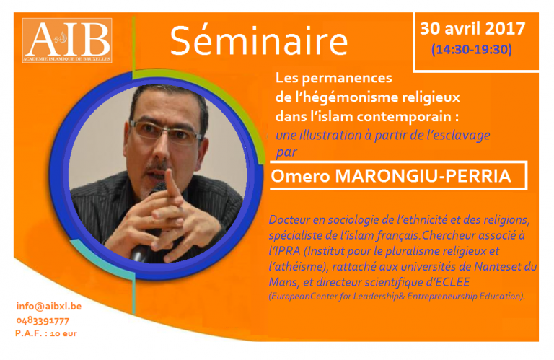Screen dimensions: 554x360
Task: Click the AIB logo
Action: click(67, 40)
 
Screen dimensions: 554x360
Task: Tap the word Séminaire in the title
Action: click(259, 40)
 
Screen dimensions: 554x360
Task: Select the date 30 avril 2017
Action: click(472, 28)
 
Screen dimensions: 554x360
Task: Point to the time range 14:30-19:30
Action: click(471, 49)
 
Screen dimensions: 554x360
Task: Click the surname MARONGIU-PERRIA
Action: click(423, 175)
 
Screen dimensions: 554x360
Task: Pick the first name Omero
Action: click(300, 176)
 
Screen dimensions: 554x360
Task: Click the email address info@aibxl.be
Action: click(49, 307)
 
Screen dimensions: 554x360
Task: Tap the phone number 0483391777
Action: click(43, 321)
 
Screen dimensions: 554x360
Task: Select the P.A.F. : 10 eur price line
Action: click(46, 333)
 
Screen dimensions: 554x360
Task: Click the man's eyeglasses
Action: click(165, 132)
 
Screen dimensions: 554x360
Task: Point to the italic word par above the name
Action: click(286, 153)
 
